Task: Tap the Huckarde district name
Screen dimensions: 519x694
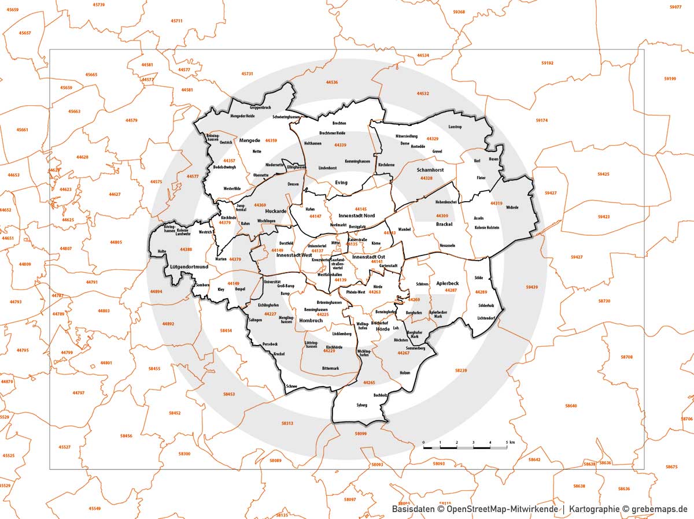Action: tap(275, 212)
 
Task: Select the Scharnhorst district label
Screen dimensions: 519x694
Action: tap(429, 170)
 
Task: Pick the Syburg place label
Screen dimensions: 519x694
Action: tap(362, 405)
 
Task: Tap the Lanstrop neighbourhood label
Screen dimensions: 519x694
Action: tap(455, 127)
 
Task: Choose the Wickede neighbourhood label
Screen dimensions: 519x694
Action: tap(512, 207)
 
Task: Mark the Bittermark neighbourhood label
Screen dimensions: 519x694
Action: tap(330, 368)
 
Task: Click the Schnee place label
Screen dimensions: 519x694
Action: tap(291, 387)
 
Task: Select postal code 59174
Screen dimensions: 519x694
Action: tap(541, 121)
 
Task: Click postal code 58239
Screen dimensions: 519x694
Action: tap(460, 370)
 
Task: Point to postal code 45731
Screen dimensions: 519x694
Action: tap(247, 74)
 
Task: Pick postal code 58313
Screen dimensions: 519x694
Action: tap(287, 424)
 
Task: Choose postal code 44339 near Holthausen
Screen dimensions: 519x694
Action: tap(340, 145)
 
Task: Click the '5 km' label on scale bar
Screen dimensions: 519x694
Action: tap(509, 442)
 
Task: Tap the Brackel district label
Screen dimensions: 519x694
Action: tap(444, 224)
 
